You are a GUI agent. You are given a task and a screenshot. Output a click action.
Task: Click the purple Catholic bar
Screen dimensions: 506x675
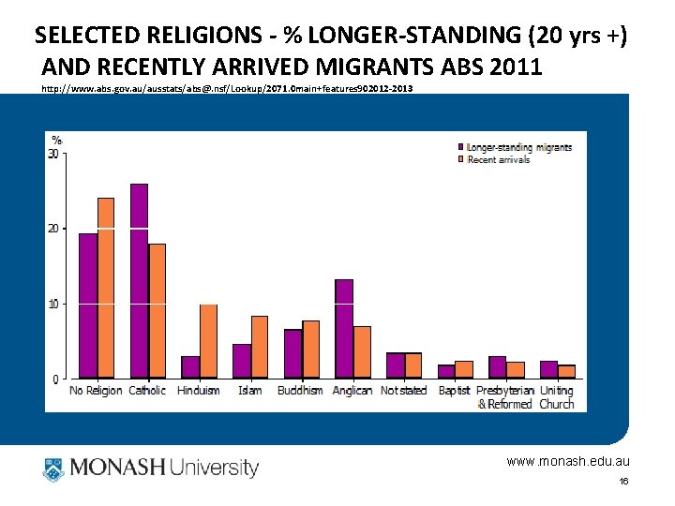[139, 281]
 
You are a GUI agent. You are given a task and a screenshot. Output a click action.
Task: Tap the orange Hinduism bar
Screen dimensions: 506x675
[208, 341]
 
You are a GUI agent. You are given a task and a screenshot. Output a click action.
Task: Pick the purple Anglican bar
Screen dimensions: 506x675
[344, 329]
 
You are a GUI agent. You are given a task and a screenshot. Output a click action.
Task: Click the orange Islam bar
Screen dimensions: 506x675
[260, 347]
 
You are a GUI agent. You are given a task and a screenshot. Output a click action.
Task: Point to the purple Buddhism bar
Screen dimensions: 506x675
[292, 353]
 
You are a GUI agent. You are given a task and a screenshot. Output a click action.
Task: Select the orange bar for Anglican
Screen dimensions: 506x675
[362, 352]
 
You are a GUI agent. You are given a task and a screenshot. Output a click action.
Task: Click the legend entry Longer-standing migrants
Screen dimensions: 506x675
[518, 147]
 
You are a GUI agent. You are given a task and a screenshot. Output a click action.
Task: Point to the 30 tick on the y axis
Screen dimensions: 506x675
[53, 154]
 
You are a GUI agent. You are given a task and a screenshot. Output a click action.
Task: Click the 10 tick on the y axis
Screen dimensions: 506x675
[53, 304]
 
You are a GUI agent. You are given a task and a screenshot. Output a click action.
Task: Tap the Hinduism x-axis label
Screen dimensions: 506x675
[199, 391]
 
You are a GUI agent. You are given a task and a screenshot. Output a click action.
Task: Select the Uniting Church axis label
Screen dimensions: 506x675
[557, 397]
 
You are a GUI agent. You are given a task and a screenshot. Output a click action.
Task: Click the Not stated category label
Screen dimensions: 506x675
[403, 391]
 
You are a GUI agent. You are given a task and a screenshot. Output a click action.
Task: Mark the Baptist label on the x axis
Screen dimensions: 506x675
[455, 391]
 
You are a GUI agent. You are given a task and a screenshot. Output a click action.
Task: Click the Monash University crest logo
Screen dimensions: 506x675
[52, 468]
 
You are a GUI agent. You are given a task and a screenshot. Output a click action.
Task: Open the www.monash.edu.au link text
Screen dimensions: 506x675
[568, 461]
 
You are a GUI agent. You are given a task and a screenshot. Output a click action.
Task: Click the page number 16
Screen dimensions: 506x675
[623, 481]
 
